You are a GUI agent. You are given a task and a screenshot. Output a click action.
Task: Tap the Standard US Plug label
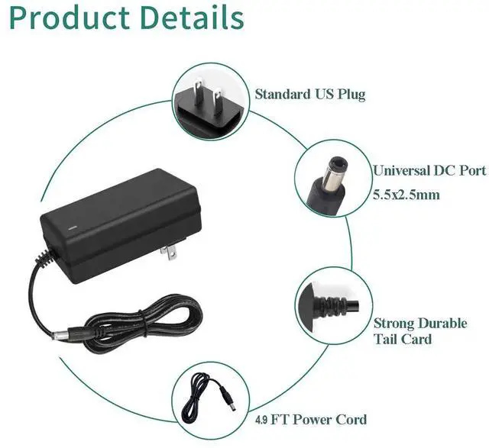(309, 95)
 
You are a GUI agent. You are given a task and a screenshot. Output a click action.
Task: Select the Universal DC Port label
(429, 170)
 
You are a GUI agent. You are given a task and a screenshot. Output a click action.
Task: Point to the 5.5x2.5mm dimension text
(406, 195)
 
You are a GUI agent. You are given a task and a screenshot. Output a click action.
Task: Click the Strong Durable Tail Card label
(419, 331)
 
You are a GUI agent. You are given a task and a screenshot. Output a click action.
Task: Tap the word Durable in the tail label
(439, 323)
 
